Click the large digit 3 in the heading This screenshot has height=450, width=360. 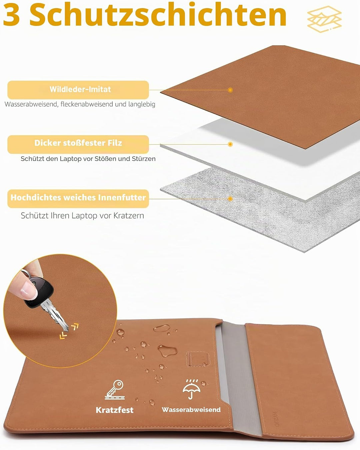[x=12, y=15]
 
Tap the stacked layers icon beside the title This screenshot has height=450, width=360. [x=324, y=19]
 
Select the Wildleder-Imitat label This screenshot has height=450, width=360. [x=80, y=89]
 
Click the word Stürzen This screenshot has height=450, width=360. [x=143, y=159]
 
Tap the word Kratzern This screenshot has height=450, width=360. [x=129, y=216]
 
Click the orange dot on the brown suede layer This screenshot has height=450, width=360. [x=230, y=90]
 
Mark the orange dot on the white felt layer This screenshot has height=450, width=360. [x=230, y=144]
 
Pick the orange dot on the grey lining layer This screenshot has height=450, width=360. [x=230, y=199]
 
